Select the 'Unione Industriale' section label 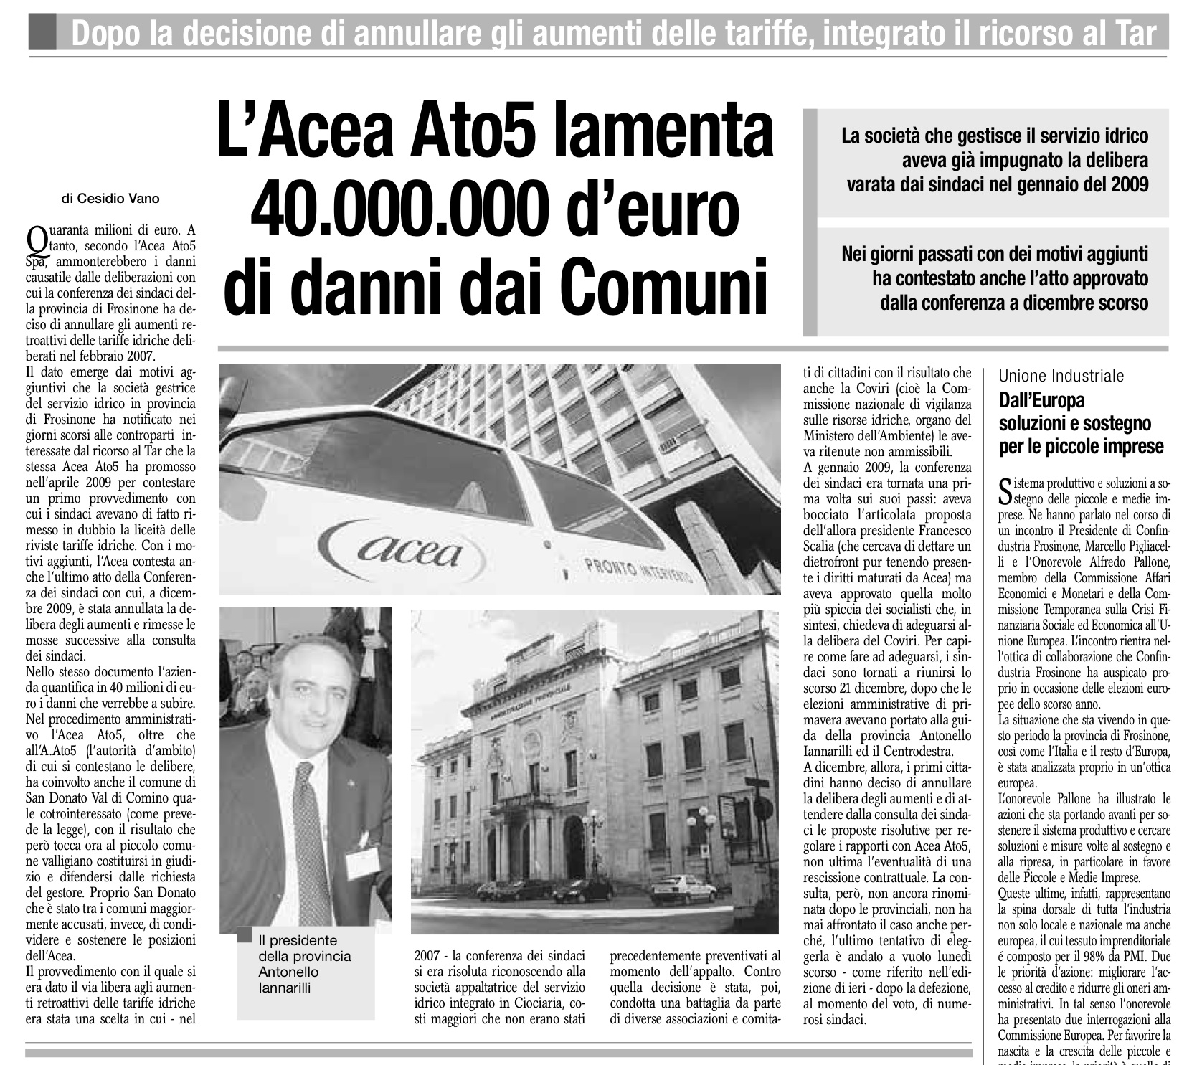pos(1061,376)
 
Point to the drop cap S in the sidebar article pos(1006,491)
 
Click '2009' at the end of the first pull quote pos(1128,184)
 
